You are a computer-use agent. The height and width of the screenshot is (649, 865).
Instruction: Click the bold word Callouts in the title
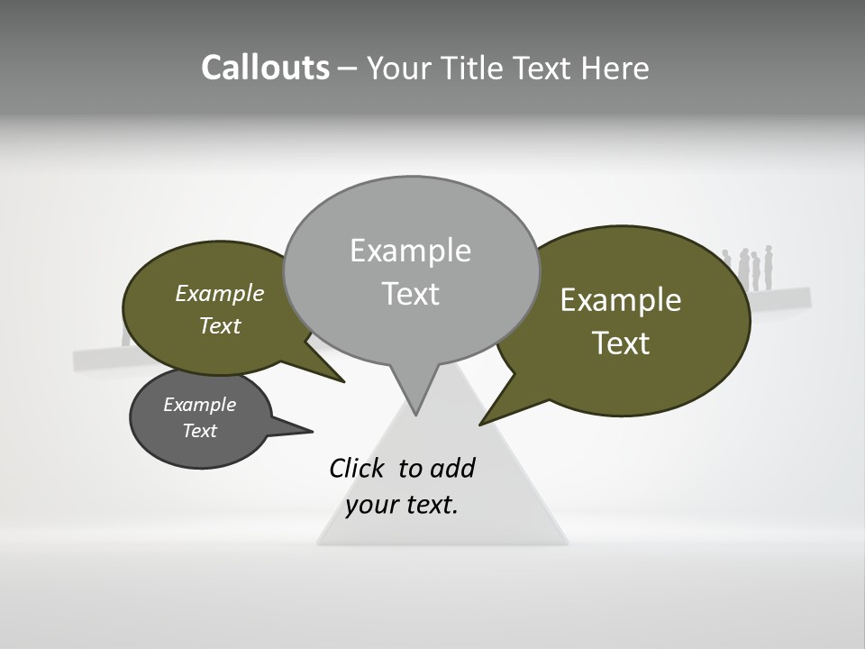[265, 68]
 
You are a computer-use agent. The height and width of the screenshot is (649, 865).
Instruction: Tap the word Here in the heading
[615, 68]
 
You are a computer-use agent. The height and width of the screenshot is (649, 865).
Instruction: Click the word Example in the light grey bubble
[410, 251]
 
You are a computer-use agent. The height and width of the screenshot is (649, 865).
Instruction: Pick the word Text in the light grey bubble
[410, 294]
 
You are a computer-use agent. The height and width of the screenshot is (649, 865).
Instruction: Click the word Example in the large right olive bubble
[621, 300]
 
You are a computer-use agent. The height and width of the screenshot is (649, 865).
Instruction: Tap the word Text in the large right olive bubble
[621, 343]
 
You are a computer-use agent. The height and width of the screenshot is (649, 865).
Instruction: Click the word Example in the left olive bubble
[220, 294]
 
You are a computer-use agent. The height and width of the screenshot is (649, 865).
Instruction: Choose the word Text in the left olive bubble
[220, 326]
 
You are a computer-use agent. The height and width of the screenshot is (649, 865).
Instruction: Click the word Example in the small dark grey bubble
[199, 405]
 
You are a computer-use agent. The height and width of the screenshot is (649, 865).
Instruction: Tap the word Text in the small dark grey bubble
[199, 431]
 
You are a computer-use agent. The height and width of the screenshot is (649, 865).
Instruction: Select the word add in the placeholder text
[452, 469]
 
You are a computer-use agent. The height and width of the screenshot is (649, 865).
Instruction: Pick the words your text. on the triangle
[402, 505]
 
